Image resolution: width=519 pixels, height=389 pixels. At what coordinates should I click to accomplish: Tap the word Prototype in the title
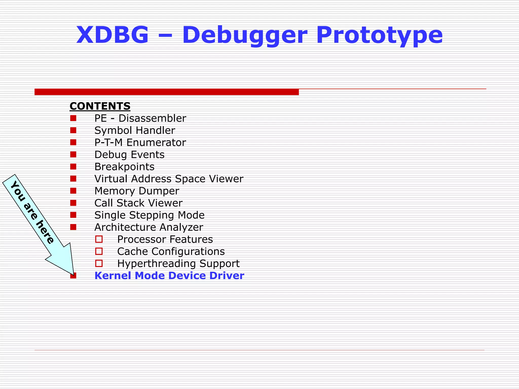tap(379, 35)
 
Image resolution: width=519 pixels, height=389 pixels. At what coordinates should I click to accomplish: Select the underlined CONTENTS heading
tap(100, 106)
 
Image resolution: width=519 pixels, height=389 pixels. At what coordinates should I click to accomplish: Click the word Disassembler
tap(152, 118)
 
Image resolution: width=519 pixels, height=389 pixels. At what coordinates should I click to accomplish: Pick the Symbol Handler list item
tap(135, 130)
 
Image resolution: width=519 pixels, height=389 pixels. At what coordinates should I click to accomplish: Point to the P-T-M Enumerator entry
tap(140, 143)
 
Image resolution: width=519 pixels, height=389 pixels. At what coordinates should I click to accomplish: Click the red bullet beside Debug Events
tap(73, 154)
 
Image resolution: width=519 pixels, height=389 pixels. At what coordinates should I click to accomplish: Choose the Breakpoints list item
tap(124, 167)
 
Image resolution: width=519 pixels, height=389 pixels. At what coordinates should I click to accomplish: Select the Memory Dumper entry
tap(137, 191)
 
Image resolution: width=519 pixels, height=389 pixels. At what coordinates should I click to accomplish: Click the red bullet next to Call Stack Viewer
tap(73, 203)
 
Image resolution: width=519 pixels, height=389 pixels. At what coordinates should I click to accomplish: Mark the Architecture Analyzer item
tap(149, 227)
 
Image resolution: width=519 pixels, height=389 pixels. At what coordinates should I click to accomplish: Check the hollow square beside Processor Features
tap(99, 239)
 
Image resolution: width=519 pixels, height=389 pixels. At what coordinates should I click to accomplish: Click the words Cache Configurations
tap(171, 251)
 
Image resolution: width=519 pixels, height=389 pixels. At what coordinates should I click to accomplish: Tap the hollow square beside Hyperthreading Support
tap(99, 263)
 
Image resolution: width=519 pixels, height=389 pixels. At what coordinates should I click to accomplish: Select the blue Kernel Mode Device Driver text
tap(169, 276)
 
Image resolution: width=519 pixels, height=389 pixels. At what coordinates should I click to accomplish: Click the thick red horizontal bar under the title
tap(166, 92)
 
